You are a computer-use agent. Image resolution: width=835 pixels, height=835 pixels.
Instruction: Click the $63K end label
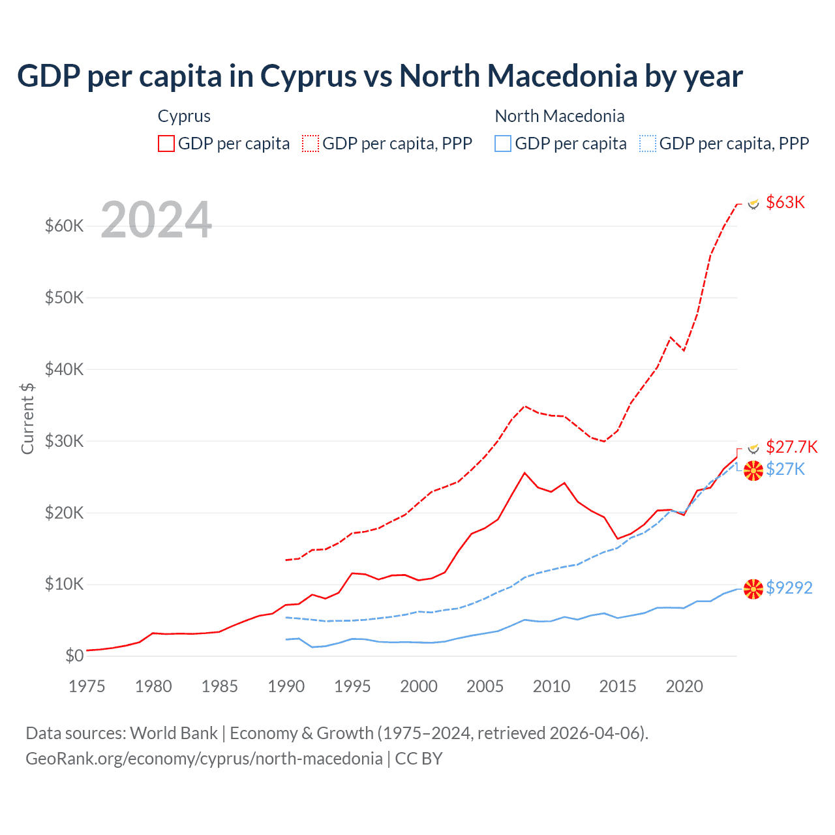pos(785,202)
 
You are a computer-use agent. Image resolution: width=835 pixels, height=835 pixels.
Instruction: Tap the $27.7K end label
pos(791,447)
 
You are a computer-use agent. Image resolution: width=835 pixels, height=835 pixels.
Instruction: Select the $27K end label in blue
pos(785,469)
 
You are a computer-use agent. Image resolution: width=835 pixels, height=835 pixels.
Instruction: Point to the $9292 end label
pos(789,588)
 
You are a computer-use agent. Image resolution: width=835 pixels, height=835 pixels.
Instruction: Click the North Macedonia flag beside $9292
pos(753,589)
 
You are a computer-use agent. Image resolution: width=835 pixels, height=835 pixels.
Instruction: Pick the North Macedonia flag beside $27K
pos(753,470)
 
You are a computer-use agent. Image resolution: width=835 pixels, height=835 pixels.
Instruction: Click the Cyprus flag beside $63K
pos(753,204)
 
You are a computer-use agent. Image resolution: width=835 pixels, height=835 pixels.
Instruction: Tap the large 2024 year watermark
pos(157,220)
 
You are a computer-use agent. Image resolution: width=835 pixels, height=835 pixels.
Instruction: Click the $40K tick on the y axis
pos(65,369)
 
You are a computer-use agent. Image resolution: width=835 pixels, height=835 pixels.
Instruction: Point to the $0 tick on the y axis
pos(74,656)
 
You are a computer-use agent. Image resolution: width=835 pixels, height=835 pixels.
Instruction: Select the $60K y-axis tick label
pos(65,226)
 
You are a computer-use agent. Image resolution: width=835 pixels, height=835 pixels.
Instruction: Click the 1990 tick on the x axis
pos(286,686)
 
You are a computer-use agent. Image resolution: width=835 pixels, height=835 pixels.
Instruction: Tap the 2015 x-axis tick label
pos(617,686)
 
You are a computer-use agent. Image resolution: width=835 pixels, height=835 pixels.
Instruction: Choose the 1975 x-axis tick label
pos(87,686)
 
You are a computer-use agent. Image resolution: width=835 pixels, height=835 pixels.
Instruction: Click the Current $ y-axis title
pos(27,418)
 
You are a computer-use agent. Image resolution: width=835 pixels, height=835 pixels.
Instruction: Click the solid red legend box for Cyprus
pos(166,144)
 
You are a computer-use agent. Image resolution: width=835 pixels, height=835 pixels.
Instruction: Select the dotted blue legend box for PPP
pos(648,144)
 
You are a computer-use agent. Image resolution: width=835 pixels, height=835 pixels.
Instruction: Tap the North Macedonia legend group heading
pos(560,116)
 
